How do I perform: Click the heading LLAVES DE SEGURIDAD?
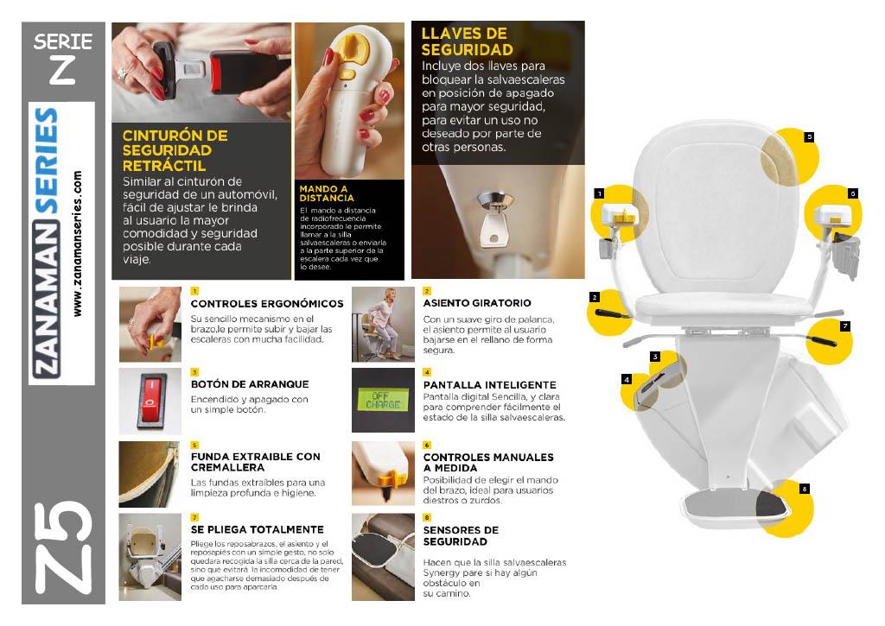click(467, 41)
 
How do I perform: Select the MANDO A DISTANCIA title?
click(327, 193)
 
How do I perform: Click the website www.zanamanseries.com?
click(77, 243)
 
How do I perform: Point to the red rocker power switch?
click(150, 401)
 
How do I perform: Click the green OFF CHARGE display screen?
click(383, 401)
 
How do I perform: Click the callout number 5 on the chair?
click(809, 137)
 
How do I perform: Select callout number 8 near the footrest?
click(805, 489)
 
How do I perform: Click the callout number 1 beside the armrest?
click(600, 193)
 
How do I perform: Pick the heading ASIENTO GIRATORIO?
click(477, 303)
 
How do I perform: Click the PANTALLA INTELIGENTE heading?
click(490, 385)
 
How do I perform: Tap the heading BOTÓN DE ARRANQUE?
click(250, 384)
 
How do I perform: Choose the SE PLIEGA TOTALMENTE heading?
click(257, 529)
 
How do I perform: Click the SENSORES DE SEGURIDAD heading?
click(461, 535)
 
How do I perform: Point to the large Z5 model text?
click(63, 547)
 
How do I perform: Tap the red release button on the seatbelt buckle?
click(215, 73)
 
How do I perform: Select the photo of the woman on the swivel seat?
click(383, 325)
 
